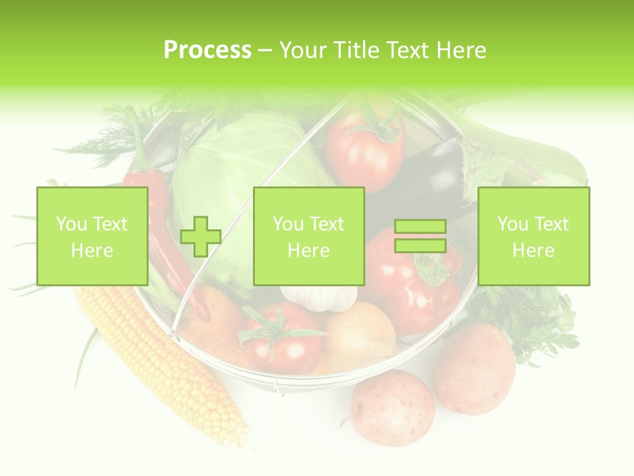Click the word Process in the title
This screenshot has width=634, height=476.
click(x=207, y=50)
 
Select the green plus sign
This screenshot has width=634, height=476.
click(x=201, y=237)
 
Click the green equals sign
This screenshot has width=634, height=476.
click(x=420, y=237)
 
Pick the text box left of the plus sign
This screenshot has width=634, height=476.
click(x=92, y=236)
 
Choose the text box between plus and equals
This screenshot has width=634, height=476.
click(x=308, y=236)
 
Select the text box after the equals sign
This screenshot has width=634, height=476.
click(x=533, y=236)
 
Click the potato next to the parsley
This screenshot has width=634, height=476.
click(x=474, y=367)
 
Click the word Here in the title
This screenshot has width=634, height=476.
click(x=461, y=50)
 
